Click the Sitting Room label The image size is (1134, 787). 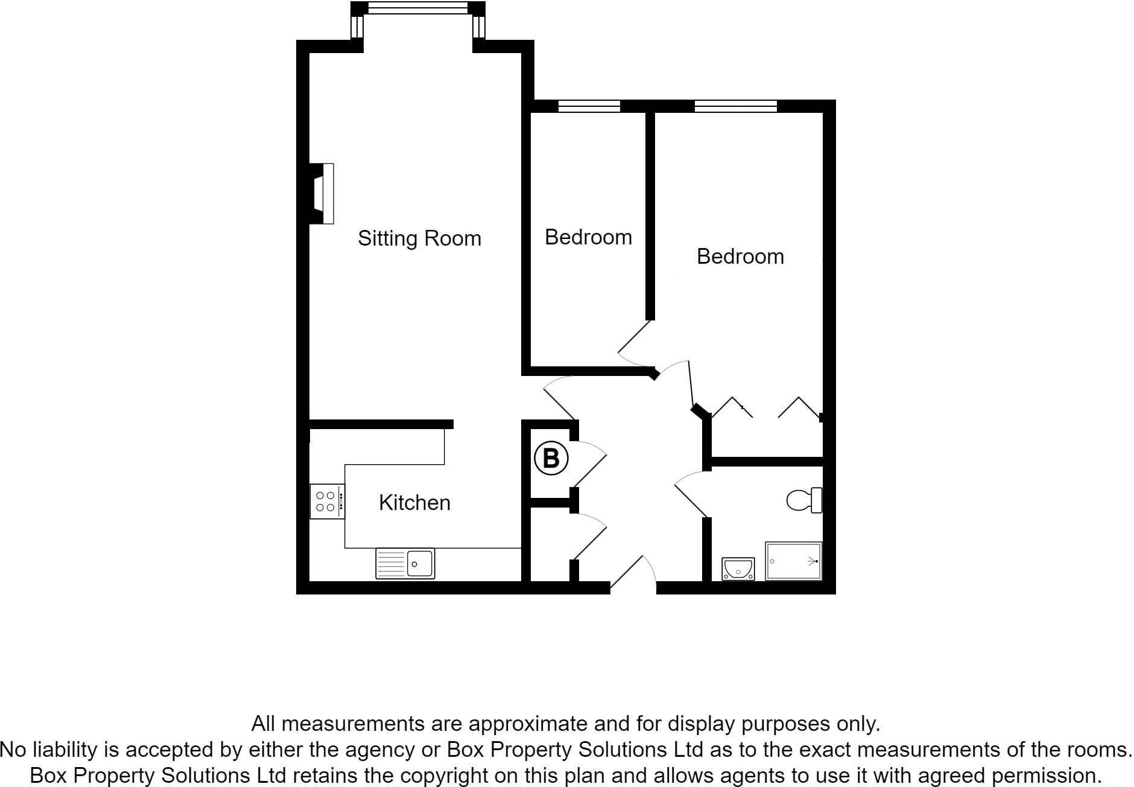419,238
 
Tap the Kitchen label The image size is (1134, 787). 414,502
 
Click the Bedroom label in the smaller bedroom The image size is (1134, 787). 588,237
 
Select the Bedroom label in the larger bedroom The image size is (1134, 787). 740,256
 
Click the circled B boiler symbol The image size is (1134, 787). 551,458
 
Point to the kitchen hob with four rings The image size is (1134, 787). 326,502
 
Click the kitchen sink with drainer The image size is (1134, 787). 405,563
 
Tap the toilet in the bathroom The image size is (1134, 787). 805,500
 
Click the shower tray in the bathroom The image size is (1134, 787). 793,561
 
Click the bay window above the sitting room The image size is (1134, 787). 417,8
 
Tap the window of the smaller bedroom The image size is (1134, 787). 589,107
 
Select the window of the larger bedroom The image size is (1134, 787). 735,107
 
